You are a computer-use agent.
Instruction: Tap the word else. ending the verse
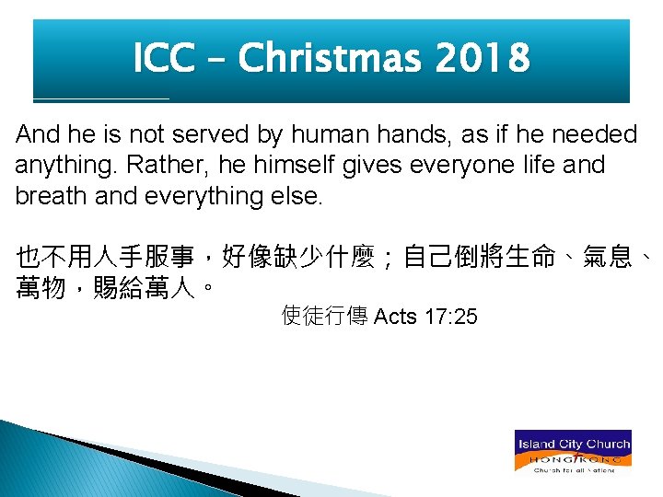coord(299,197)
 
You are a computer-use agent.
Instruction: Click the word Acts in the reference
coord(397,318)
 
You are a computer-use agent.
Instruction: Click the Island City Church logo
coord(572,451)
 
